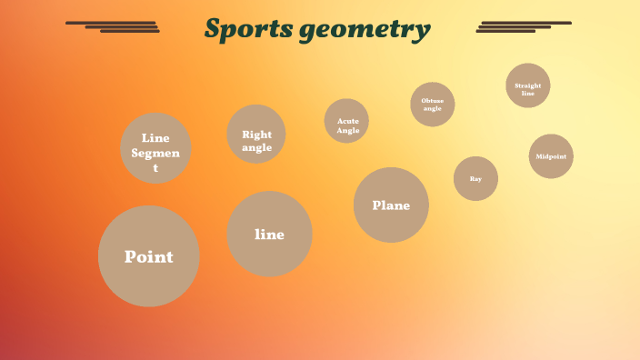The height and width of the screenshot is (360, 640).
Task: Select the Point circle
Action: click(x=148, y=256)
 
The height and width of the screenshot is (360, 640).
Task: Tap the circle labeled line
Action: click(x=269, y=234)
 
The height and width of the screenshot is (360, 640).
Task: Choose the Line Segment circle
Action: click(x=155, y=148)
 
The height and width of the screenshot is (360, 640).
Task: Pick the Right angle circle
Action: click(x=256, y=135)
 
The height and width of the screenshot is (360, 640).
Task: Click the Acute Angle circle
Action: click(x=347, y=121)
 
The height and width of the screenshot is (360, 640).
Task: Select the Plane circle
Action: click(x=391, y=205)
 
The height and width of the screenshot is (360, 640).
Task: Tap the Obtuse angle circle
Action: click(x=433, y=105)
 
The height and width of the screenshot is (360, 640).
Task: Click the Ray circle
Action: click(x=475, y=178)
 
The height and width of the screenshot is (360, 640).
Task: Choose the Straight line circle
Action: click(x=528, y=85)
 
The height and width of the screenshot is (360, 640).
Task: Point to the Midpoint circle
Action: click(x=551, y=156)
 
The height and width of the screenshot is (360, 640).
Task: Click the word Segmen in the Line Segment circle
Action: click(x=155, y=153)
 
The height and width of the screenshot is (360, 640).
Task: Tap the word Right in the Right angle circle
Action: click(x=256, y=135)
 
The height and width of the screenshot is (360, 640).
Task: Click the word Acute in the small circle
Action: click(x=348, y=120)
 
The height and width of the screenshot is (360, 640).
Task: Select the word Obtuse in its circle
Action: click(x=433, y=101)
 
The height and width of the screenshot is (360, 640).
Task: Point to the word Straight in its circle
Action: click(x=528, y=85)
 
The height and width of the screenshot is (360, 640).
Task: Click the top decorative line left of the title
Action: click(x=111, y=23)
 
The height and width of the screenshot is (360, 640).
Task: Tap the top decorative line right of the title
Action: click(x=526, y=23)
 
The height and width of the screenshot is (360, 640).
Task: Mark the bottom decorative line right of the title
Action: click(x=506, y=31)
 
